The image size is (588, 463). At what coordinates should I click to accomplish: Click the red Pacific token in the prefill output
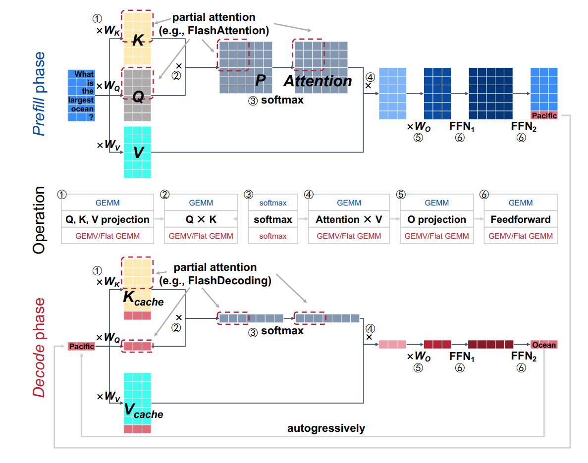click(x=544, y=115)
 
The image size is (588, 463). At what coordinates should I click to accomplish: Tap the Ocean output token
click(x=544, y=345)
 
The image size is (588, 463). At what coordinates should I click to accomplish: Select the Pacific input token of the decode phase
click(x=81, y=346)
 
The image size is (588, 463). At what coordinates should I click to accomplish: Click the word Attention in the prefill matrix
click(x=318, y=81)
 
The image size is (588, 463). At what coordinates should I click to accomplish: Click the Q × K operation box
click(x=201, y=219)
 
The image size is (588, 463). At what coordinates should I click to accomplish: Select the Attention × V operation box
click(x=349, y=219)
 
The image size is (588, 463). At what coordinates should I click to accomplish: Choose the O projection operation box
click(x=436, y=219)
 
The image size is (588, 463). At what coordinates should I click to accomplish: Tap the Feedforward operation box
click(x=520, y=219)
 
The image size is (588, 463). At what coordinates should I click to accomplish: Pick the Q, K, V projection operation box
click(x=107, y=219)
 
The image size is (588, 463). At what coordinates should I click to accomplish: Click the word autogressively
click(x=326, y=428)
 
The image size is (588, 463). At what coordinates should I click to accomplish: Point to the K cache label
click(x=143, y=299)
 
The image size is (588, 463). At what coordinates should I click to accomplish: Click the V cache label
click(x=143, y=411)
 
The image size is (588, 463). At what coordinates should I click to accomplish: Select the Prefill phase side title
click(x=39, y=94)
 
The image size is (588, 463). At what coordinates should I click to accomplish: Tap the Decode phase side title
click(x=39, y=347)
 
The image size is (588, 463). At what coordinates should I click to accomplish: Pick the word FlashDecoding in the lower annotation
click(x=238, y=281)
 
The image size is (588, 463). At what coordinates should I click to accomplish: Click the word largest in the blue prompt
click(x=81, y=101)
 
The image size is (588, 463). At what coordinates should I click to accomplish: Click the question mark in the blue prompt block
click(x=91, y=117)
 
